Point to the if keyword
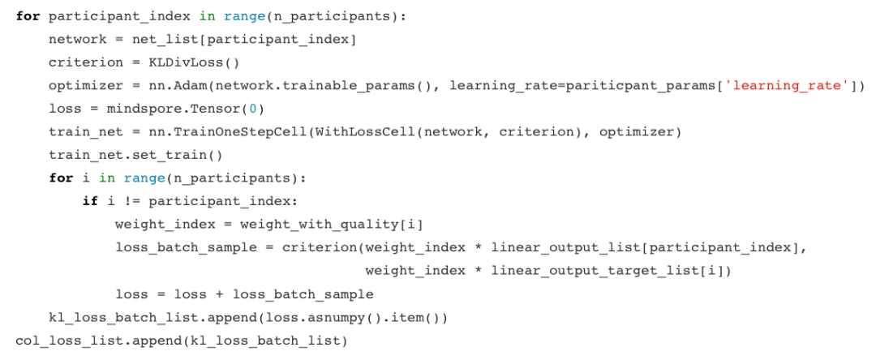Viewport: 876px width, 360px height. click(89, 201)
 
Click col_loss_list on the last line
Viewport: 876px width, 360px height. click(57, 341)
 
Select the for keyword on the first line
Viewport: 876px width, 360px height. click(28, 16)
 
